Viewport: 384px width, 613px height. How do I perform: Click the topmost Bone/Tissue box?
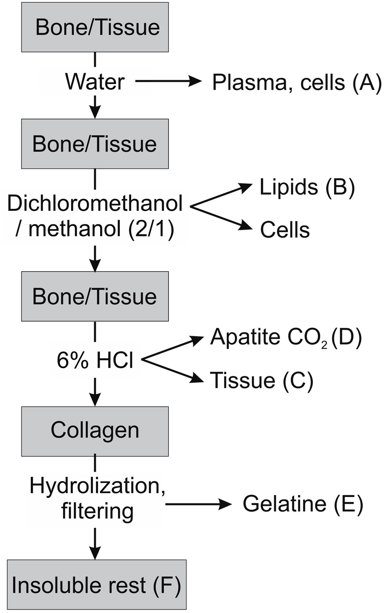(x=95, y=27)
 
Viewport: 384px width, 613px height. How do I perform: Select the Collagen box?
(x=95, y=431)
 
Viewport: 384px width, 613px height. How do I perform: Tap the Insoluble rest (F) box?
(x=96, y=585)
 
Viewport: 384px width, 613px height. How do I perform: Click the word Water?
(x=95, y=82)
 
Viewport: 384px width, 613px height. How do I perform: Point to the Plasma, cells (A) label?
(x=296, y=83)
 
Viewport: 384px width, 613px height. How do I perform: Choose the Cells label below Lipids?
(x=285, y=230)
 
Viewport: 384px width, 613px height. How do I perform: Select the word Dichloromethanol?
(x=95, y=204)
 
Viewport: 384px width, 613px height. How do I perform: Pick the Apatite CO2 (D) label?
(x=286, y=337)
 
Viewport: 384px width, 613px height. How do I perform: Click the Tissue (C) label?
(x=261, y=381)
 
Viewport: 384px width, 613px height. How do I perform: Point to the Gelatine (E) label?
(x=303, y=504)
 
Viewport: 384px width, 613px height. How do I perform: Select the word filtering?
(x=97, y=511)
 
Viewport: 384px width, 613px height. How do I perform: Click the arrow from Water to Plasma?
(x=168, y=81)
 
